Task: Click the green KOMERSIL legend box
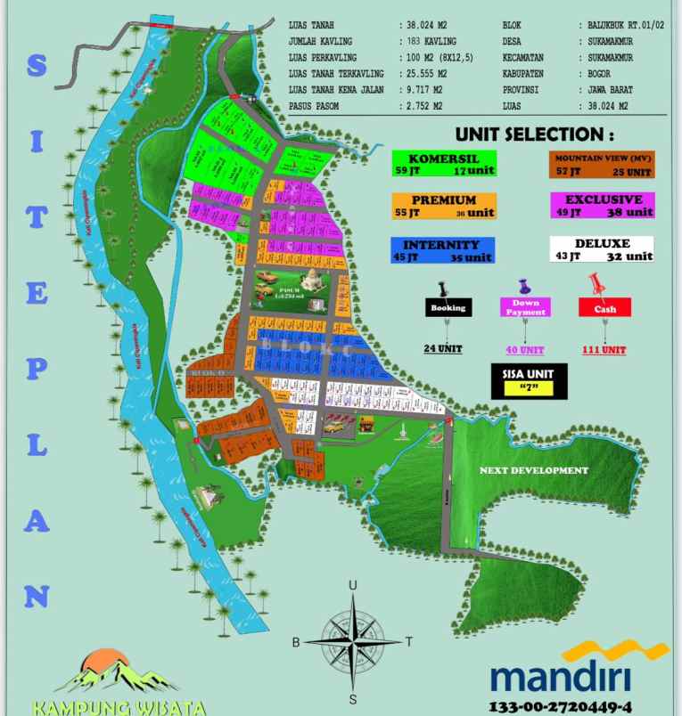coord(444,164)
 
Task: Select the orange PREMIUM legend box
coord(443,207)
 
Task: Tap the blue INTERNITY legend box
coord(443,250)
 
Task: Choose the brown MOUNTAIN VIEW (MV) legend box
coord(601,164)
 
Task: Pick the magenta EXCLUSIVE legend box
coord(602,207)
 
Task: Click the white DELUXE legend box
coord(602,249)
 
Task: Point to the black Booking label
coord(448,308)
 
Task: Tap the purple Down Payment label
coord(525,308)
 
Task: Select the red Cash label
coord(604,308)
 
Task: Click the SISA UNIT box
coord(529,381)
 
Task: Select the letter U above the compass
coord(353,585)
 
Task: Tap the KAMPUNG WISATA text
coord(120,709)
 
